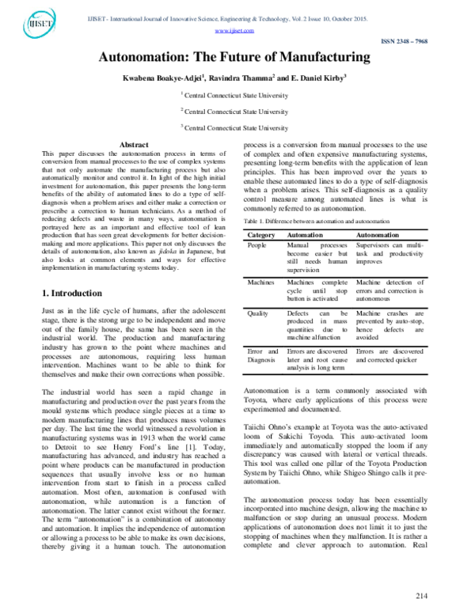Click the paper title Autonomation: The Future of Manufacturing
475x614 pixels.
234,58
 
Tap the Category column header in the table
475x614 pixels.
262,214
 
